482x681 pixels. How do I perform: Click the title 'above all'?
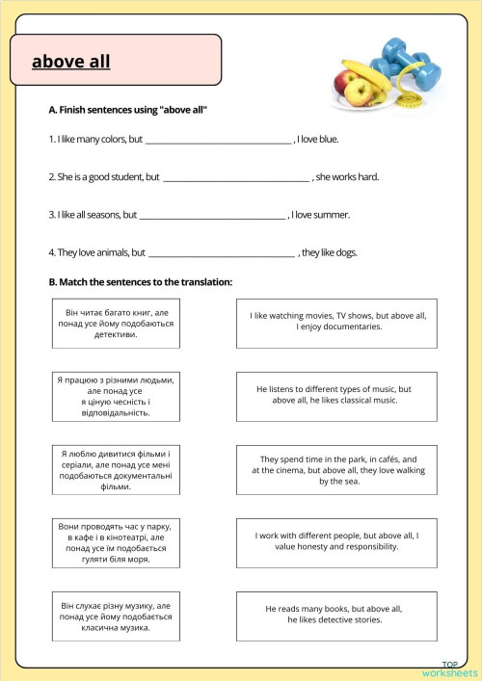[x=71, y=62]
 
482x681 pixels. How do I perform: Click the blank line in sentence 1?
[x=218, y=141]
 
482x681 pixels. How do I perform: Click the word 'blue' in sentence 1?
[x=328, y=140]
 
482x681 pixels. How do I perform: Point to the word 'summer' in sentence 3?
[x=334, y=215]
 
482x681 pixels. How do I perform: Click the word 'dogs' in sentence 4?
[x=345, y=253]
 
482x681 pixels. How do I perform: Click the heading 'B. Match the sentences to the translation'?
[x=140, y=282]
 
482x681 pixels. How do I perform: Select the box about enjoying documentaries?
[x=336, y=322]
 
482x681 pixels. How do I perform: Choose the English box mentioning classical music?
[x=336, y=395]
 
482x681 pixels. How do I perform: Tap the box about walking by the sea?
[x=336, y=470]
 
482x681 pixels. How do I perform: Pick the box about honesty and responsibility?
[x=336, y=541]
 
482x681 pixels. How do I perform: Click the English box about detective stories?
[x=336, y=615]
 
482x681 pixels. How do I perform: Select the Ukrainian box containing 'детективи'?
[x=116, y=325]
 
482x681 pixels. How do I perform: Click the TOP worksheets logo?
[x=449, y=668]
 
